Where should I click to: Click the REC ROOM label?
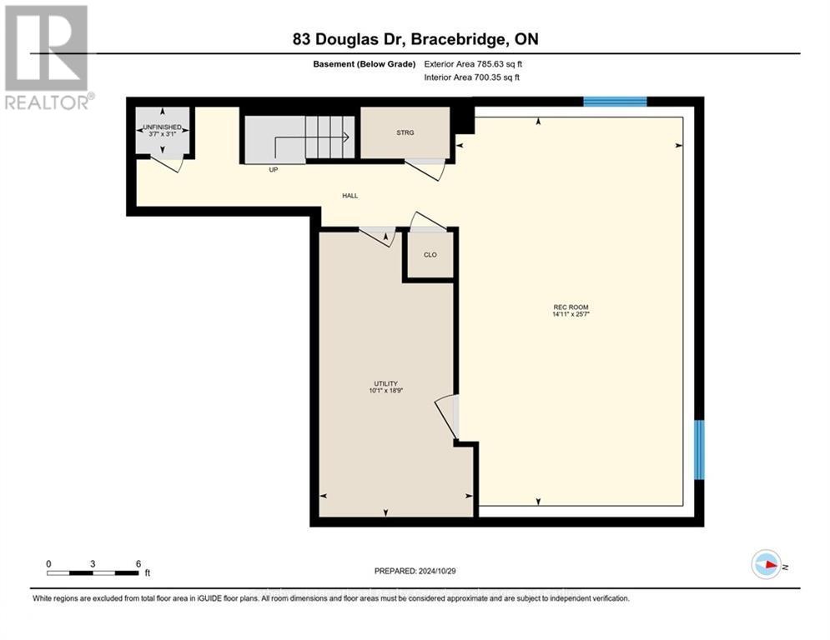click(565, 307)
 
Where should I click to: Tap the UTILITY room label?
click(385, 383)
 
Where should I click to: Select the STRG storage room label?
click(405, 132)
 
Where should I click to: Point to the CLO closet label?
click(430, 255)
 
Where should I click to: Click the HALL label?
click(350, 196)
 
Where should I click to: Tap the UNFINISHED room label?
click(162, 127)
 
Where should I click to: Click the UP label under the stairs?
click(273, 169)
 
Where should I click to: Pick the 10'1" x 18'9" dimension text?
click(385, 391)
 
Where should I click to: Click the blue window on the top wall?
click(615, 102)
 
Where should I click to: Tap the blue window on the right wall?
click(699, 450)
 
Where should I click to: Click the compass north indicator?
click(767, 565)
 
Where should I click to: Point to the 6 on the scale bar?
click(138, 563)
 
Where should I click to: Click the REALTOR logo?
click(48, 58)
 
